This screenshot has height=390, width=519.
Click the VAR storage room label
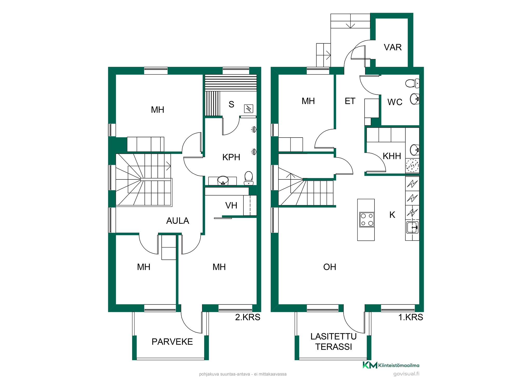393,47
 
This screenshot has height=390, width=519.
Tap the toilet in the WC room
412,83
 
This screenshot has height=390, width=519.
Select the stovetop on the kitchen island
367,219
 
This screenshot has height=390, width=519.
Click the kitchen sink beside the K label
412,227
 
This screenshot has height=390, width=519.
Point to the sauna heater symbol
249,108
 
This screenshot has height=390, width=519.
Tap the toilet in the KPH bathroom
249,178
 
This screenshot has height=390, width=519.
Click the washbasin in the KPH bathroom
223,180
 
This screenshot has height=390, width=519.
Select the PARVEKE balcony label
172,342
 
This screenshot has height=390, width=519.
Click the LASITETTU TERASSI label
334,342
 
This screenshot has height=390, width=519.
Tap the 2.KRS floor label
248,317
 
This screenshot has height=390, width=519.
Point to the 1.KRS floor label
411,317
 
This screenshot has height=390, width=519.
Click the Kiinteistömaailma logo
391,365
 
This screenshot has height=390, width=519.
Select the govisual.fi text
406,374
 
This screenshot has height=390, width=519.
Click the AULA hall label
178,221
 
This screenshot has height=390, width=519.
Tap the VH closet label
231,206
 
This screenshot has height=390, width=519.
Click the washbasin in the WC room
415,99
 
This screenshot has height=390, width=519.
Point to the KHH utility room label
392,156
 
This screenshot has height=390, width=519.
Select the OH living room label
330,267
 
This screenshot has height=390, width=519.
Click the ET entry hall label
350,101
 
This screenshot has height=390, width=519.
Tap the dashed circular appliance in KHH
412,165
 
